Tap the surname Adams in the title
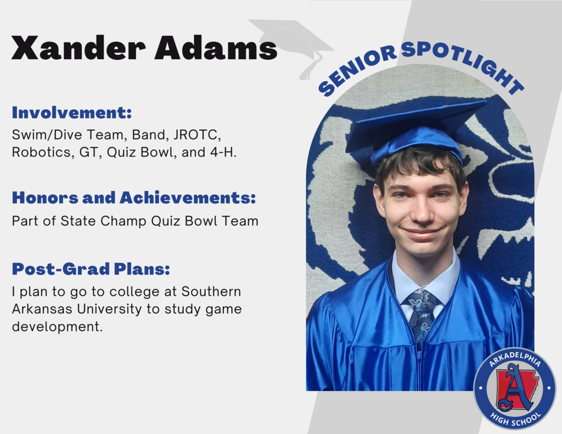pyautogui.click(x=215, y=48)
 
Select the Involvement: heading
pyautogui.click(x=72, y=113)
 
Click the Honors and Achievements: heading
pyautogui.click(x=134, y=198)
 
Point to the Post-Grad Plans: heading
pyautogui.click(x=91, y=269)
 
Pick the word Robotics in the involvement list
pyautogui.click(x=40, y=152)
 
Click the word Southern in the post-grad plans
pyautogui.click(x=211, y=291)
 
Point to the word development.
pyautogui.click(x=57, y=327)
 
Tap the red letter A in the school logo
pyautogui.click(x=515, y=387)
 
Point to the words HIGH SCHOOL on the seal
pyautogui.click(x=514, y=418)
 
